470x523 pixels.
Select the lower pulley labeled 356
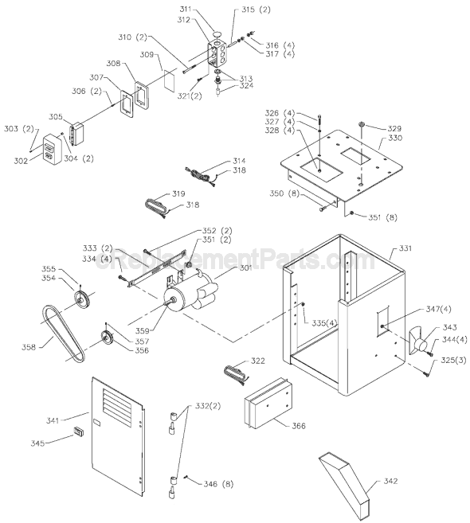[x=105, y=338]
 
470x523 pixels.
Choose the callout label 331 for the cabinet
[x=406, y=249]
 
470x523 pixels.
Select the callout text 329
[x=394, y=127]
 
